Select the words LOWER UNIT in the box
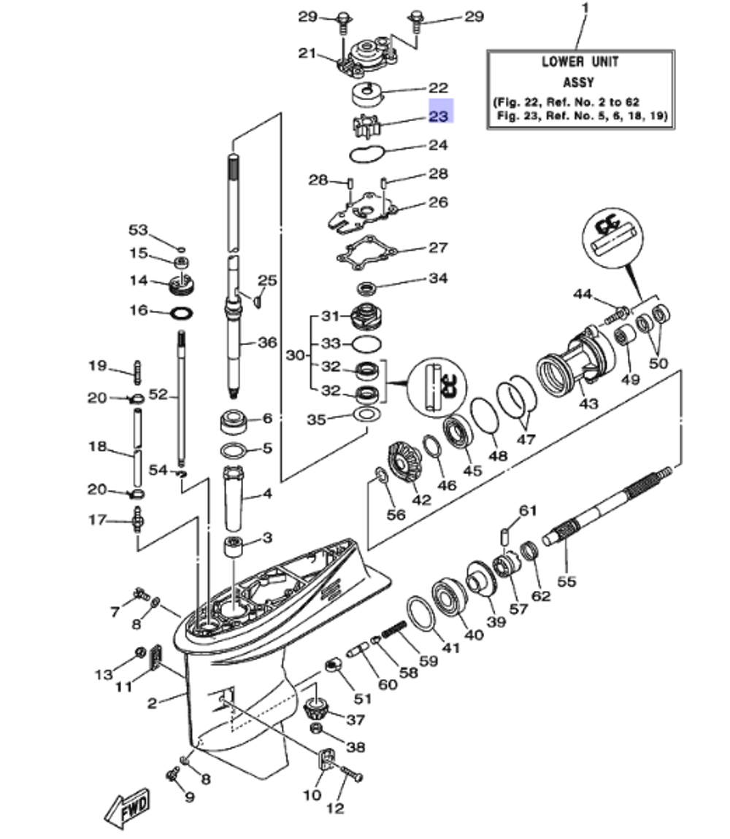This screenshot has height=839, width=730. click(x=579, y=62)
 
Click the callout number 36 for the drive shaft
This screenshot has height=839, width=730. click(x=268, y=341)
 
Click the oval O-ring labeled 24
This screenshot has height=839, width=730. click(x=366, y=153)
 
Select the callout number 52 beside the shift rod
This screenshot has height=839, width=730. click(x=158, y=395)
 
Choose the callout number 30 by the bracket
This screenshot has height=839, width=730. click(x=295, y=355)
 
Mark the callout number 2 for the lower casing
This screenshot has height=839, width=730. click(x=152, y=703)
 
